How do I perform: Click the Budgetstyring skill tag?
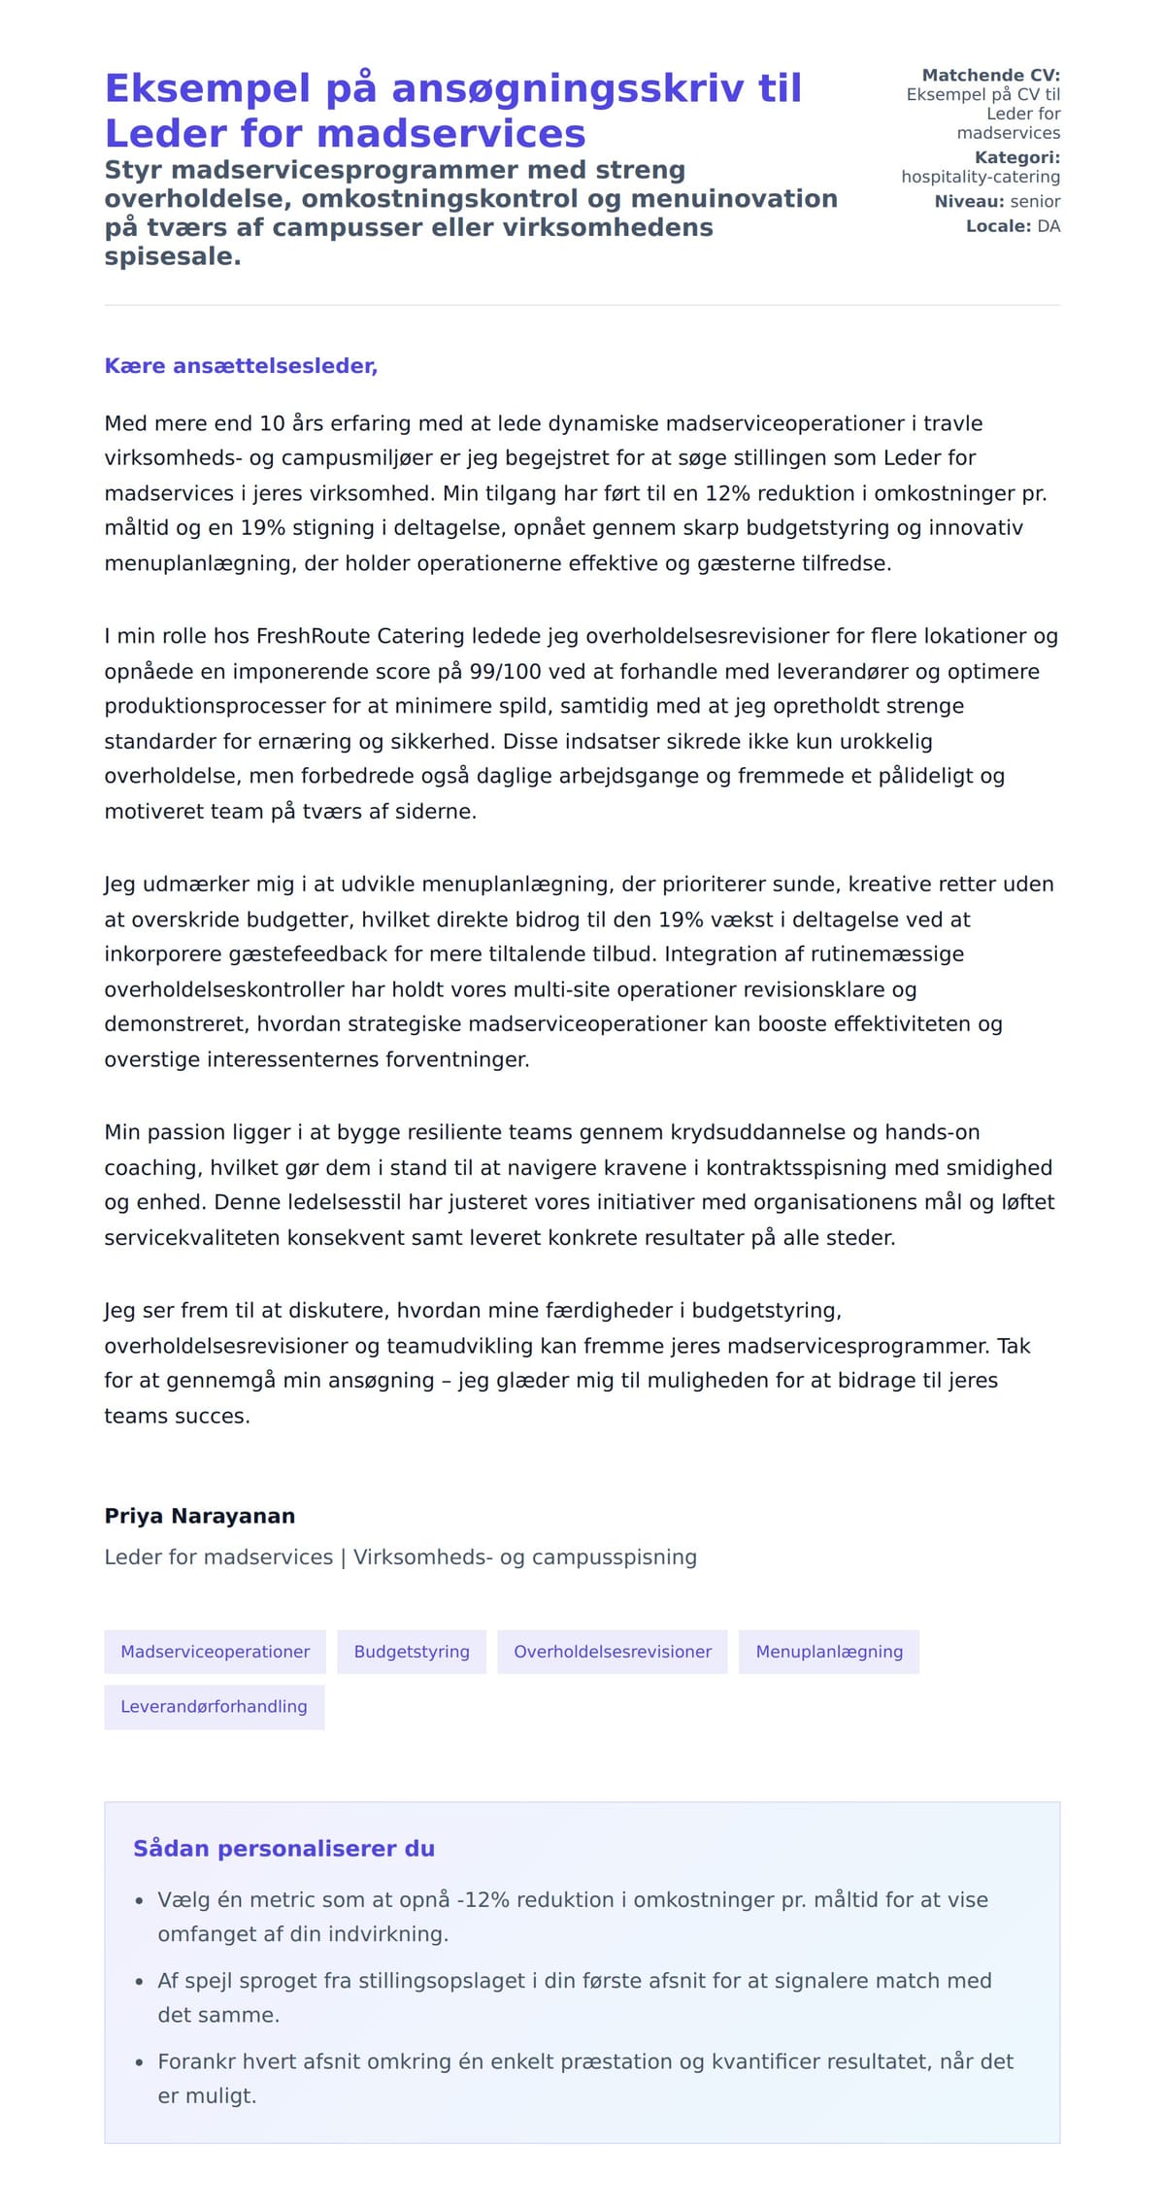[412, 1652]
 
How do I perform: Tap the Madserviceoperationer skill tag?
[215, 1652]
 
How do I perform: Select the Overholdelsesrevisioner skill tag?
[613, 1652]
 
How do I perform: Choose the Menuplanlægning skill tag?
[829, 1652]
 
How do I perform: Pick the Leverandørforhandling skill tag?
[214, 1706]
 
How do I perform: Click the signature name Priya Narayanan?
[200, 1516]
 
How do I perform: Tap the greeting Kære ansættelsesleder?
[241, 366]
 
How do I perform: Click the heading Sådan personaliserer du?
[283, 1848]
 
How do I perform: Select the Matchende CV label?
[990, 75]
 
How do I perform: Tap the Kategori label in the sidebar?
[1016, 157]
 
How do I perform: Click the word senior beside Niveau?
[1035, 202]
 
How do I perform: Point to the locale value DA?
[1048, 226]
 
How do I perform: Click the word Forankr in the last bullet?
[196, 2061]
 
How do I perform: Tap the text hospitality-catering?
[981, 177]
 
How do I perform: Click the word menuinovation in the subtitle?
[734, 198]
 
